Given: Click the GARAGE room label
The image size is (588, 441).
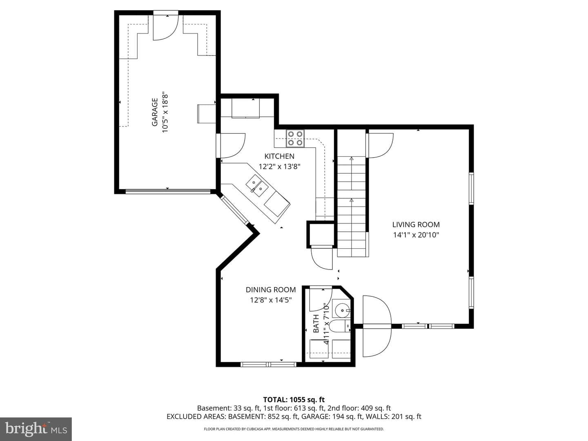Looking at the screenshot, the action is click(155, 112).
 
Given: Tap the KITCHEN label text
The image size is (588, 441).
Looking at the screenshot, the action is click(279, 156).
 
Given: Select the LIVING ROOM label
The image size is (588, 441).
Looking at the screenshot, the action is click(416, 225).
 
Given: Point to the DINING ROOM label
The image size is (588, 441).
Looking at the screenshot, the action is click(271, 290).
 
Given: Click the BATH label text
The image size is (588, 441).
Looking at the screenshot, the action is click(316, 323).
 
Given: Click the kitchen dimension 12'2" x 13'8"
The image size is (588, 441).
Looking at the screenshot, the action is click(279, 167).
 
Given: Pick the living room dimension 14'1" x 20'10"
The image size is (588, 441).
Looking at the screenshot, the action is click(416, 235).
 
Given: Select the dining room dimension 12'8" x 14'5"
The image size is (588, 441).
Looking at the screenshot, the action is click(271, 300).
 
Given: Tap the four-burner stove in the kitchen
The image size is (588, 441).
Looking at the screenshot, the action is click(295, 138).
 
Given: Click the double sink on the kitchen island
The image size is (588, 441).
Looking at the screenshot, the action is click(257, 185).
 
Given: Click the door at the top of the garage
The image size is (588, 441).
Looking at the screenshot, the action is click(165, 26).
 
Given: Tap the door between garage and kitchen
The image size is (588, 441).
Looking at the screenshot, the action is click(230, 145).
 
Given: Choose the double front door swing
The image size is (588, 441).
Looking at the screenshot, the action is click(377, 326).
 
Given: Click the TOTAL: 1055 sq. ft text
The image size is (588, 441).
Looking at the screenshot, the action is click(294, 400).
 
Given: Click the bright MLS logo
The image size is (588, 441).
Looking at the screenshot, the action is click(36, 429).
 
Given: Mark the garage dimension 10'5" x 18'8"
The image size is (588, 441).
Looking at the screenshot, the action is click(165, 113).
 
